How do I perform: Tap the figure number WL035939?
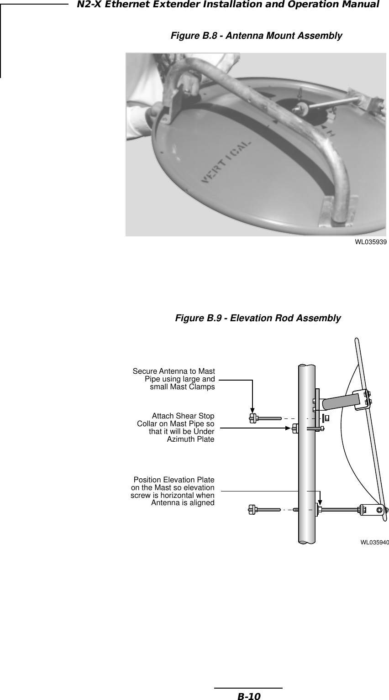[370, 242]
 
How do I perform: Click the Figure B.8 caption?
[256, 36]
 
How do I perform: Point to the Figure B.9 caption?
[258, 318]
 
